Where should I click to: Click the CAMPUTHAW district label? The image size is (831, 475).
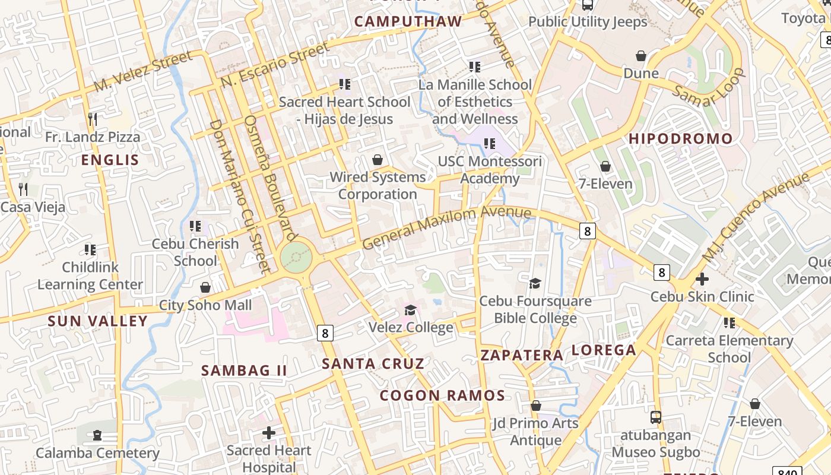pos(408,22)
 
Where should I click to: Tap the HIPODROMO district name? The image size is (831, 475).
pos(681,139)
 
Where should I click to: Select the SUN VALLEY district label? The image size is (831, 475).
pos(97,321)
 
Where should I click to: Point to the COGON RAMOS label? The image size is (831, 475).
pos(442,395)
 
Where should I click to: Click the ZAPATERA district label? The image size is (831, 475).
pos(522,355)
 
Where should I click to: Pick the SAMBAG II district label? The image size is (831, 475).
pos(244,370)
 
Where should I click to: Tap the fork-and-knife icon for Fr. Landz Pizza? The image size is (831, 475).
pos(92,119)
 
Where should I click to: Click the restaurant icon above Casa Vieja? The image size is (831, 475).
pos(23,189)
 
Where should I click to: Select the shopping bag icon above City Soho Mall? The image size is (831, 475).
pos(205,287)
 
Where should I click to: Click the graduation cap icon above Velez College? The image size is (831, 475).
pos(410,310)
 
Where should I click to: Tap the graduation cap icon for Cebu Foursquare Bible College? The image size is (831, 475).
pos(535,283)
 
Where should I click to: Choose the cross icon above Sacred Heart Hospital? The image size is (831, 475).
pos(269,433)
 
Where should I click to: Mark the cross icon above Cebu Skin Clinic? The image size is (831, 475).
pos(702,278)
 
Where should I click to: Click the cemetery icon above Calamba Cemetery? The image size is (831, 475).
pos(97,436)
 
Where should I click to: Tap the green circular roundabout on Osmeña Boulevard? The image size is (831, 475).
pos(296,257)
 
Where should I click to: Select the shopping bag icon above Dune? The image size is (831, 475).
pos(641,56)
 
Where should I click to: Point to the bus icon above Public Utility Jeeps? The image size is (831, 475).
pos(588,5)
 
